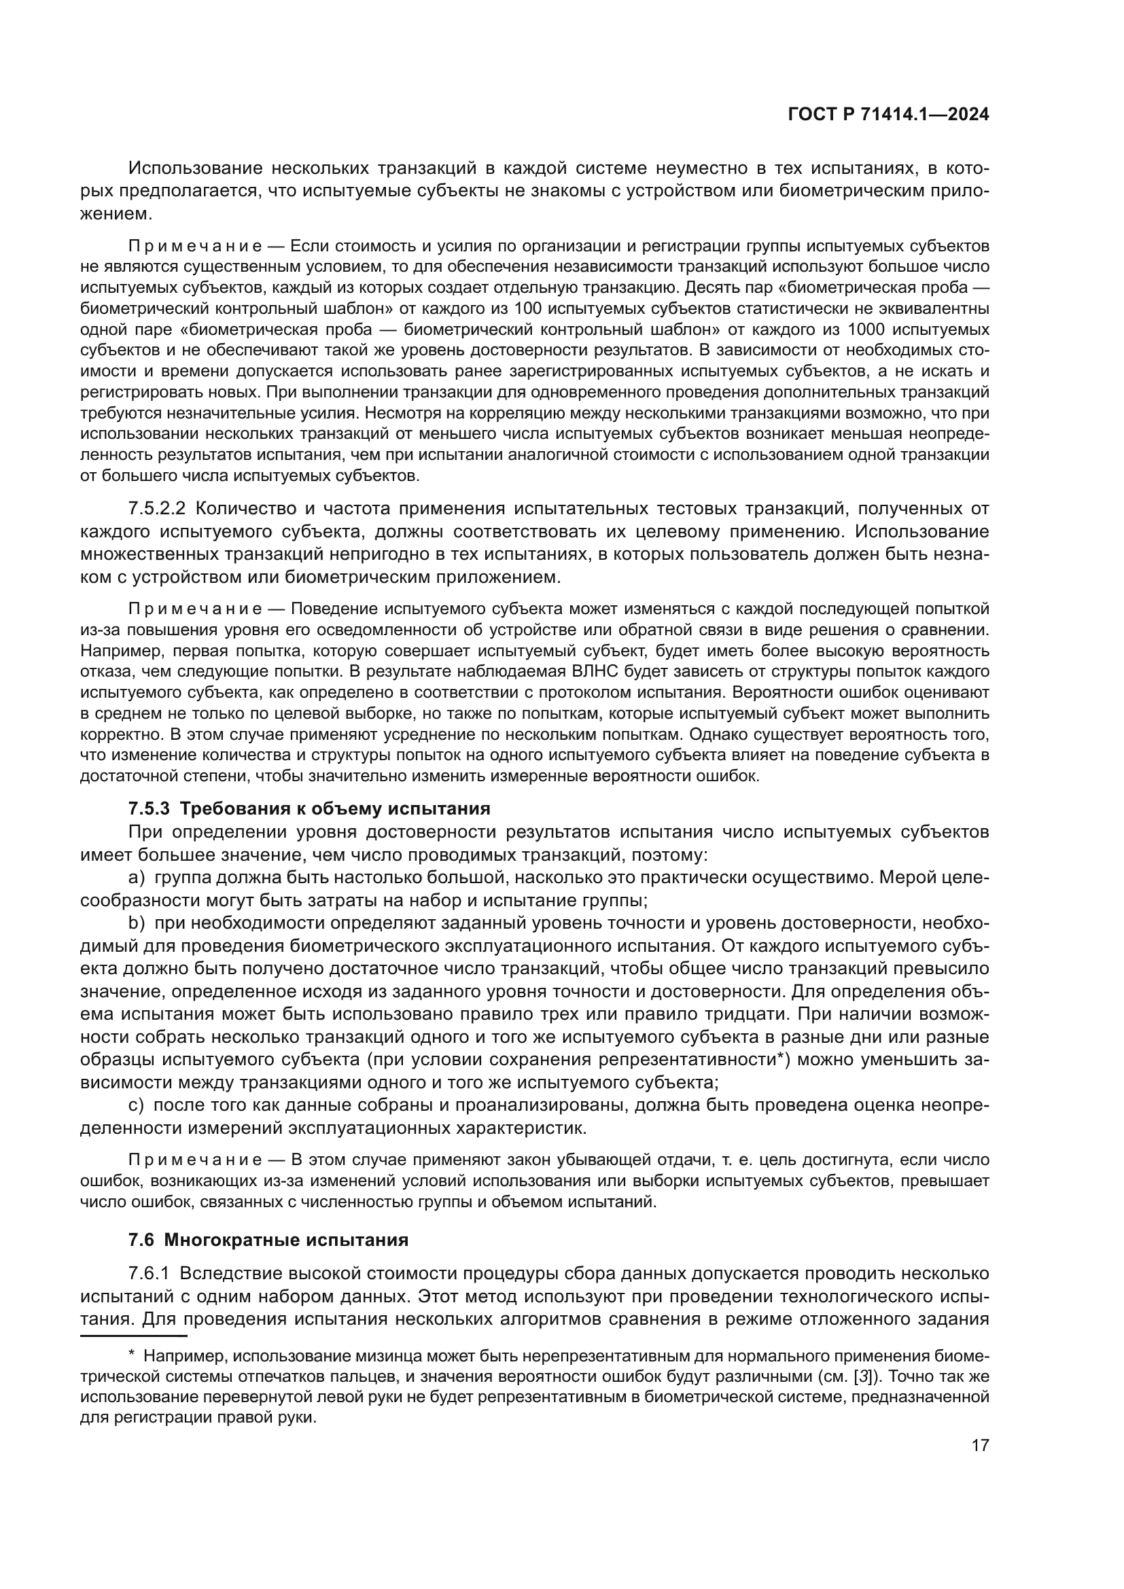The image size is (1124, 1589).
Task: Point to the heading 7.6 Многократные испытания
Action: coord(268,1240)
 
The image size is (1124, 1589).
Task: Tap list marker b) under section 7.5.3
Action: coord(137,923)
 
